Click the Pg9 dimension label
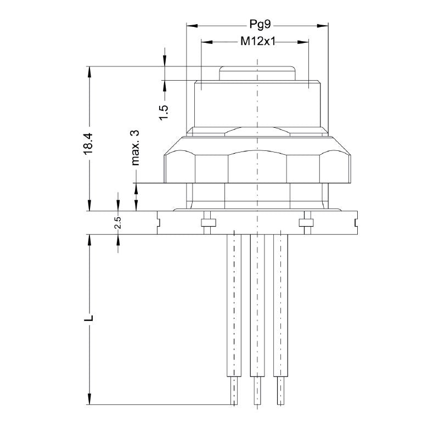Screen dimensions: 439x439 click(x=257, y=25)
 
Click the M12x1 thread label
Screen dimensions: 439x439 click(x=257, y=42)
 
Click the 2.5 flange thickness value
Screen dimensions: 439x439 click(x=117, y=223)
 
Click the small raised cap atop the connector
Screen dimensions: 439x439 click(x=257, y=74)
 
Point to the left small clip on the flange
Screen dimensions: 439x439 click(x=207, y=223)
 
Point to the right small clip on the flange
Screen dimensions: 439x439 click(x=306, y=223)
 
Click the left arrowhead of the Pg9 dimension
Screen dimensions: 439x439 click(x=190, y=25)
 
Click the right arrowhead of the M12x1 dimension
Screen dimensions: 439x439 click(x=305, y=42)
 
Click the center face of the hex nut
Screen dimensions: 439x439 click(x=257, y=167)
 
